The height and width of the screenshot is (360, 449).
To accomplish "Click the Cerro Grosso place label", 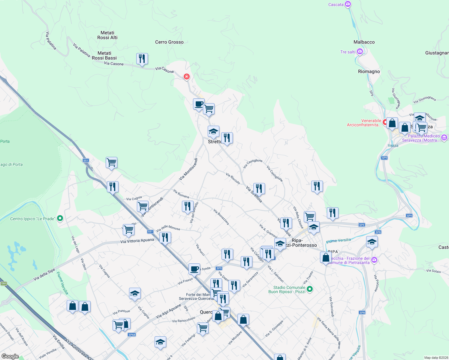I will point(169,42).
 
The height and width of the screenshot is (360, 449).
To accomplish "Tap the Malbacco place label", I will point(364,42).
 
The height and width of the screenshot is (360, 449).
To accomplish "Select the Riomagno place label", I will point(369,71).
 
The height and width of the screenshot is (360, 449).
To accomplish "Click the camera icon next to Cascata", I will point(348,4).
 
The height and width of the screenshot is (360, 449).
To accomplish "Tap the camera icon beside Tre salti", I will point(360,52).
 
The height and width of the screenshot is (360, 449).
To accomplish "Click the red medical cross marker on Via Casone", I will point(187,77).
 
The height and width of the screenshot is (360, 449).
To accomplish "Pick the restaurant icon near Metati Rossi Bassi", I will point(142,59).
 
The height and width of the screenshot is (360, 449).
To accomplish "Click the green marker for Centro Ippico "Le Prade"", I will point(60,218).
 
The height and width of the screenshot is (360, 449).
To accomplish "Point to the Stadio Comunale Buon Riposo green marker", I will point(310,289).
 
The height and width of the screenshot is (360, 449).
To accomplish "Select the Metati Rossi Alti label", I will point(107,35).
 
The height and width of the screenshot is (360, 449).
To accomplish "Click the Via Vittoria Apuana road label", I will point(137,241).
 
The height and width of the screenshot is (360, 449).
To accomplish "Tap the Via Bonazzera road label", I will point(221,217).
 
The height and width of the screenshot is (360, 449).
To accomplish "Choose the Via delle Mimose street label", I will point(168,228).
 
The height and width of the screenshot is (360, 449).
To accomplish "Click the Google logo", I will point(10,356).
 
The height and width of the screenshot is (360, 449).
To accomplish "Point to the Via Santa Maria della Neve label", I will point(329,333).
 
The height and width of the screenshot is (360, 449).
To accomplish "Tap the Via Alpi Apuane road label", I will point(168,311).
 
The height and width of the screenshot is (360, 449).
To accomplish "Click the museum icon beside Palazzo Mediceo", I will point(444,137).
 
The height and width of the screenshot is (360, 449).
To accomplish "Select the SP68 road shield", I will point(132,335).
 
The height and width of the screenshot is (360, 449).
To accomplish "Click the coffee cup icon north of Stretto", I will point(199,104).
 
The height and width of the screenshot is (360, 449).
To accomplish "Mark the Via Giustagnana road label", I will point(424,100).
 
